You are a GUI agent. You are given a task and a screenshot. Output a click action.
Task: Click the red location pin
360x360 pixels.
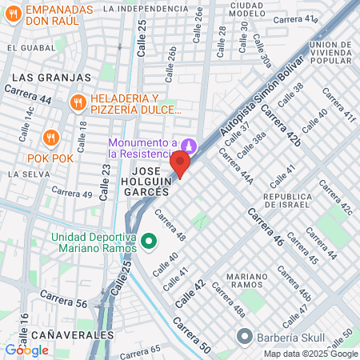coord(179,164)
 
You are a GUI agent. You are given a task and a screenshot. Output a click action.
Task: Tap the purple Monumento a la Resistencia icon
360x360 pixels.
coord(189,146)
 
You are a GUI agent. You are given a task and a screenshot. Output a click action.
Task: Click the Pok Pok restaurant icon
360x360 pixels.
coord(51,137)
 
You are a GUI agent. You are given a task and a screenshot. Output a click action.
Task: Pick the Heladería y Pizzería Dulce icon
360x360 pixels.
coord(78,102)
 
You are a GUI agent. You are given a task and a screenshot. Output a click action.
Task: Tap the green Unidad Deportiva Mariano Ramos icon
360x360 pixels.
coord(148,239)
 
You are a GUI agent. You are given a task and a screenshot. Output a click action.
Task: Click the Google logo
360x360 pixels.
coord(26,350)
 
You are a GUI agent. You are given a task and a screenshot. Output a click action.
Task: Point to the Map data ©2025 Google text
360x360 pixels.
coord(311,354)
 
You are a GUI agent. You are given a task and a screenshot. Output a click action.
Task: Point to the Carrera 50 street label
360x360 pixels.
coord(192,336)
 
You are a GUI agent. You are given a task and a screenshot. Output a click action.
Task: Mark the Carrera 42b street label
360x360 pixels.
coord(284,130)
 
